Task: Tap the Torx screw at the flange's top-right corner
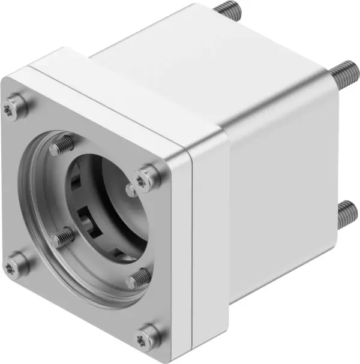(x=145, y=177)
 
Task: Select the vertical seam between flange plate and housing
(x=190, y=252)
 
